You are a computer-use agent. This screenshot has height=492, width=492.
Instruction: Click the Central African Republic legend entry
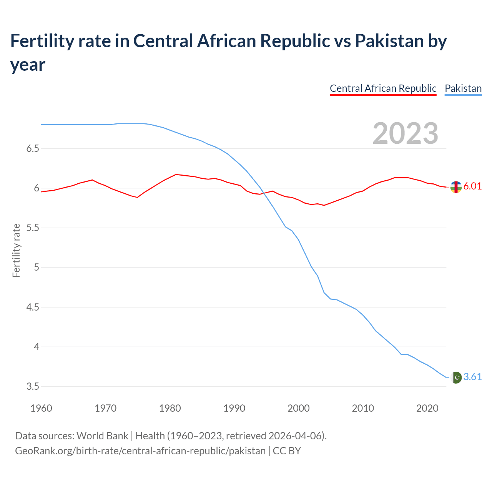383,88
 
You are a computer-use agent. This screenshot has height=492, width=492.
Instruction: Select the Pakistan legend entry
463,88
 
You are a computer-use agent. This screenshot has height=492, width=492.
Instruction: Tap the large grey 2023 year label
406,133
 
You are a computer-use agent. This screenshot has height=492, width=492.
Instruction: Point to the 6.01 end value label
472,186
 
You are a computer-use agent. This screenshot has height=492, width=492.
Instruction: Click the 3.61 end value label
472,377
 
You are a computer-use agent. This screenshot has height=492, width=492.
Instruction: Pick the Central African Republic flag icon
456,187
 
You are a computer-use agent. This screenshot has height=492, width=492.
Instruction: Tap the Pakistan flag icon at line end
456,377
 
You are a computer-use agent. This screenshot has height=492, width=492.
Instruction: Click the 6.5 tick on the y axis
33,148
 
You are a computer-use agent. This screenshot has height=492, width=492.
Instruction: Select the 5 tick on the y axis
37,267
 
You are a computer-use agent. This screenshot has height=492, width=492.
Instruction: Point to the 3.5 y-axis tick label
33,386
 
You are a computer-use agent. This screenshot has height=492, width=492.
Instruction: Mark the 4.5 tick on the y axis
33,307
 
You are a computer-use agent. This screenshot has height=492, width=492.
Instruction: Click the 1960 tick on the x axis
41,408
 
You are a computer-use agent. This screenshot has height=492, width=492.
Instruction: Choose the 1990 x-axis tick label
234,408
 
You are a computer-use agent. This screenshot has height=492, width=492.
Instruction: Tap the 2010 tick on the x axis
363,408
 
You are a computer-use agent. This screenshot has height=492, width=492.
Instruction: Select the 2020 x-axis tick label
427,408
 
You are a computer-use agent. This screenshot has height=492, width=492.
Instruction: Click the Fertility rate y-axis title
16,250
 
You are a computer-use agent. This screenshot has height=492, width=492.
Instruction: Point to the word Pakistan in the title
389,41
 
